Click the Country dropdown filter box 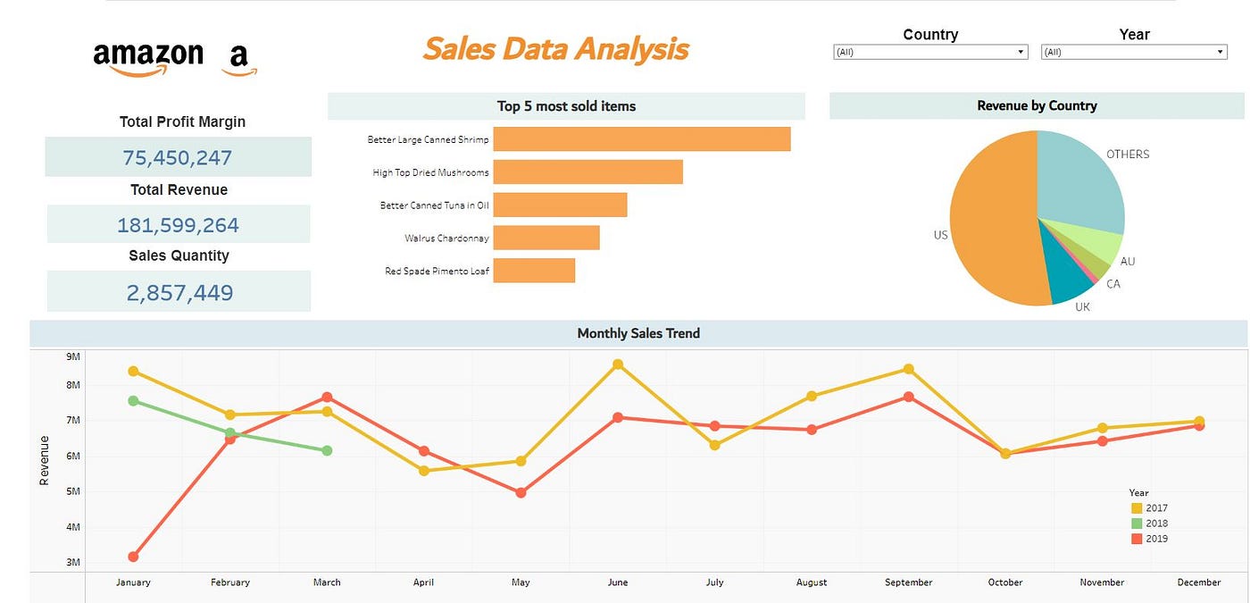pyautogui.click(x=929, y=52)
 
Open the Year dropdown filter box pyautogui.click(x=1134, y=52)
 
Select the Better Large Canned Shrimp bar pyautogui.click(x=641, y=139)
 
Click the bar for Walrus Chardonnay pyautogui.click(x=546, y=238)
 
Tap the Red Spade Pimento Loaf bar pyautogui.click(x=534, y=271)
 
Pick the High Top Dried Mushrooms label pyautogui.click(x=430, y=172)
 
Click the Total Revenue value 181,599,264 pyautogui.click(x=178, y=225)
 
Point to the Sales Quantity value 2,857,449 pyautogui.click(x=179, y=292)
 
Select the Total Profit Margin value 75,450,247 pyautogui.click(x=178, y=158)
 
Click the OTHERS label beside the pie pyautogui.click(x=1128, y=155)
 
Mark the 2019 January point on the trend pyautogui.click(x=133, y=557)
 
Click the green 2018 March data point pyautogui.click(x=327, y=451)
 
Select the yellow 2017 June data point pyautogui.click(x=617, y=364)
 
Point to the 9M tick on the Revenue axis pyautogui.click(x=73, y=356)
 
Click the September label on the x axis pyautogui.click(x=908, y=582)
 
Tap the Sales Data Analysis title pyautogui.click(x=555, y=48)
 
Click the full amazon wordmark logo pyautogui.click(x=148, y=57)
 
